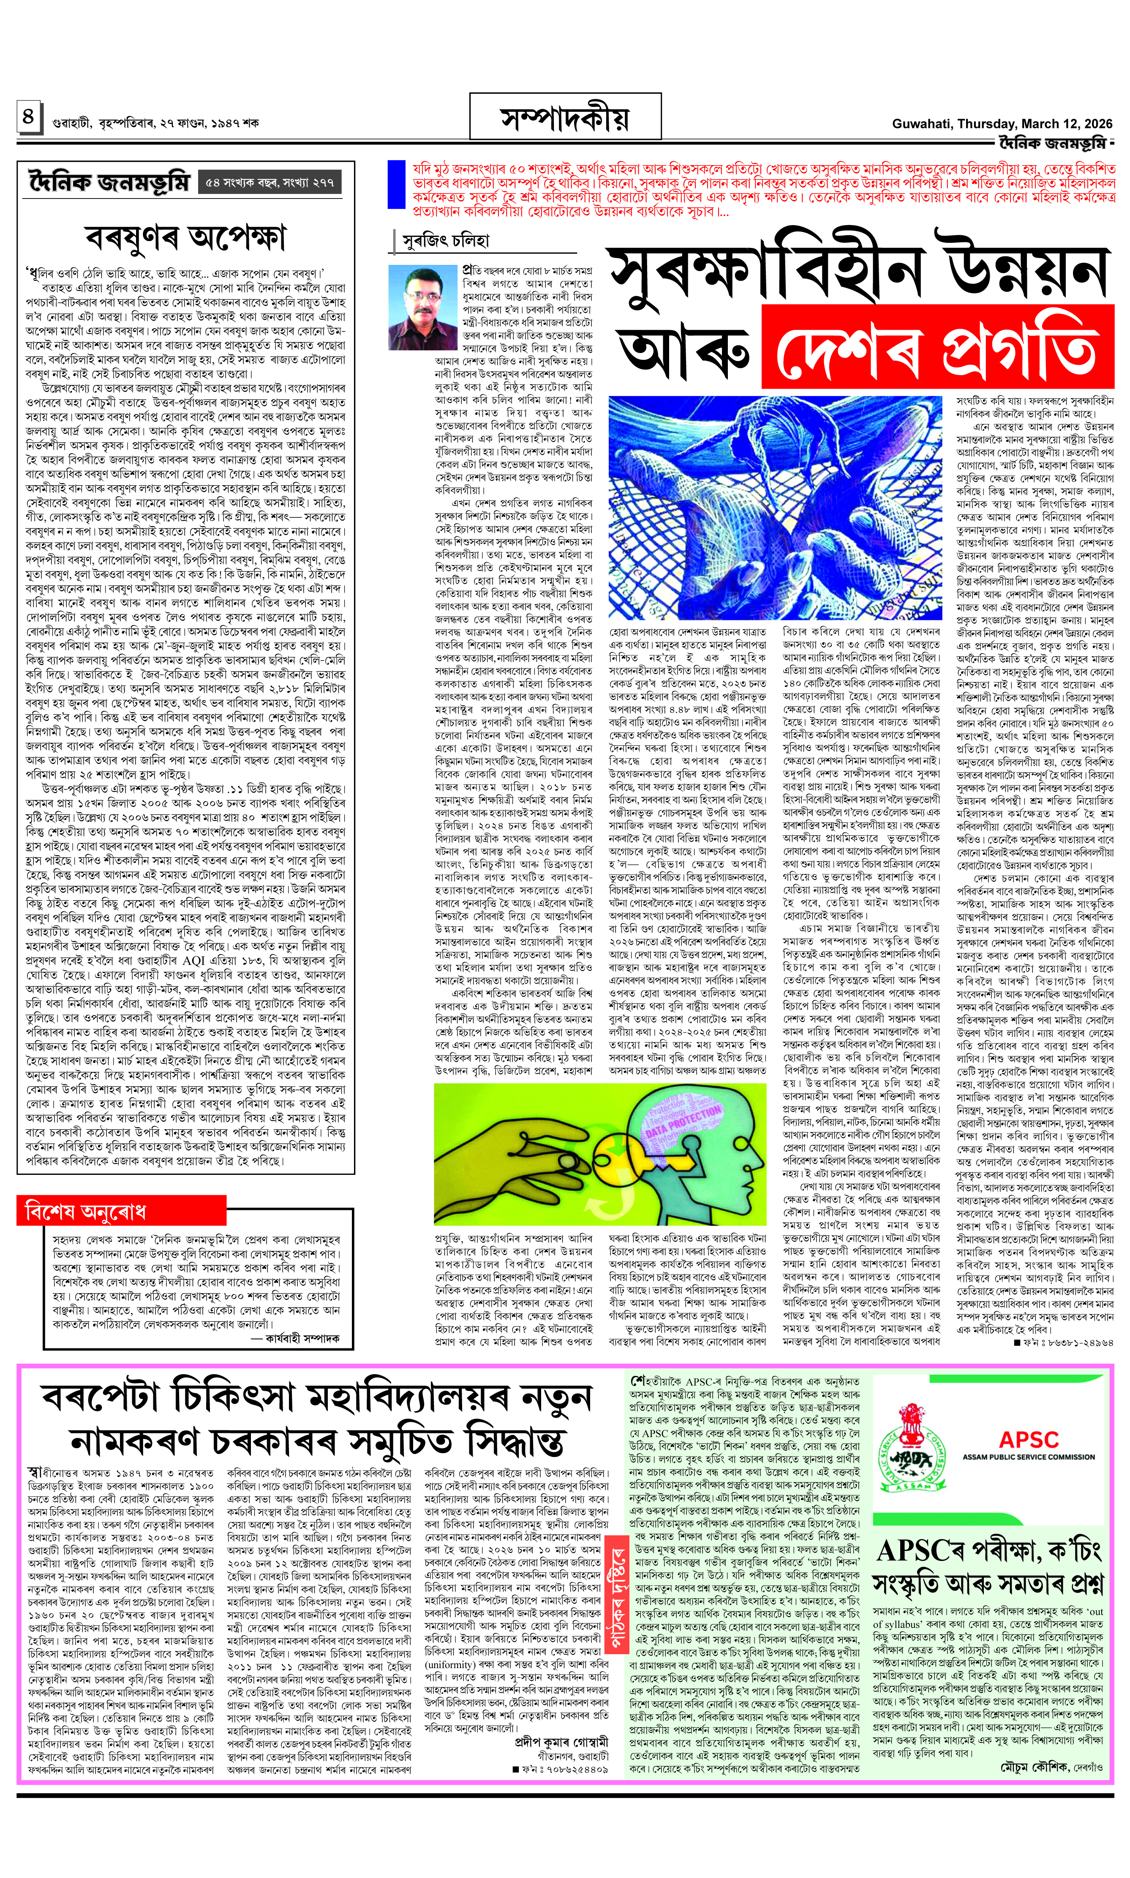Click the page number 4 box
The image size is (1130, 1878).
click(x=27, y=117)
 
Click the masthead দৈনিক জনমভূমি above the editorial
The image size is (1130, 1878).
click(x=109, y=183)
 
